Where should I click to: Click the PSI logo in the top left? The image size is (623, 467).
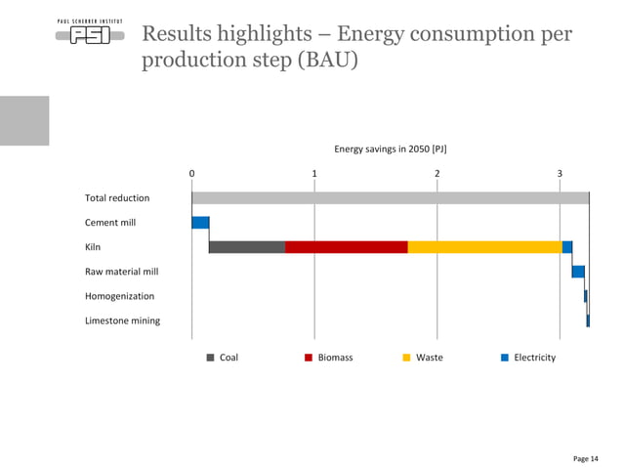[x=89, y=37]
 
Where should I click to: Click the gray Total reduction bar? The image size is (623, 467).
[x=390, y=198]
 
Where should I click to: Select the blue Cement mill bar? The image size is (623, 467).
[x=200, y=223]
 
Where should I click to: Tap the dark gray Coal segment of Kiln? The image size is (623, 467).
[x=247, y=247]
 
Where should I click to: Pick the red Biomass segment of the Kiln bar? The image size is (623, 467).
[x=346, y=247]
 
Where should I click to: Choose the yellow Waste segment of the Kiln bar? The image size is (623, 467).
[x=484, y=247]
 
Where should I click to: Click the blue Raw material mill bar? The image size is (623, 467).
[x=578, y=272]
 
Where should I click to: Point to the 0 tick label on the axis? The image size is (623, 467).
[x=192, y=174]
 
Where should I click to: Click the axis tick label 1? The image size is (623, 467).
[x=314, y=174]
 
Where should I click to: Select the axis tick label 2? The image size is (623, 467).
[x=436, y=174]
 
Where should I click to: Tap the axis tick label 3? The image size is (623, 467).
[x=560, y=174]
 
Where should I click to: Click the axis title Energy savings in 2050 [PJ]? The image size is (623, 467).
[x=391, y=149]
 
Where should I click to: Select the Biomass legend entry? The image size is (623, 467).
[x=329, y=358]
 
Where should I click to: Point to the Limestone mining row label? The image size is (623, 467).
[x=123, y=320]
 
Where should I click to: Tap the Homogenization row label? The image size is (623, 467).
[x=119, y=296]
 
